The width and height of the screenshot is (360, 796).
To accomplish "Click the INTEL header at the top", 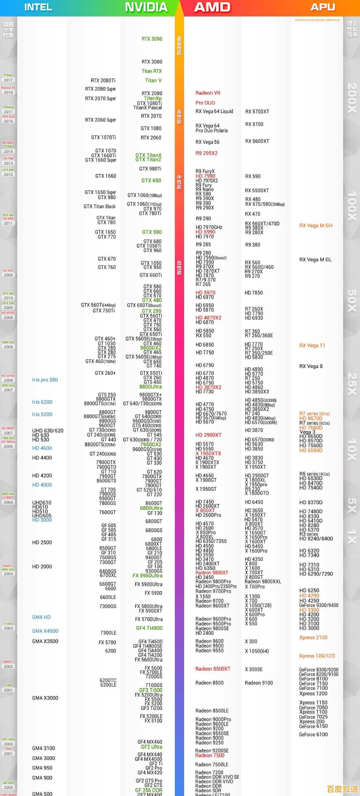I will tap(38, 7).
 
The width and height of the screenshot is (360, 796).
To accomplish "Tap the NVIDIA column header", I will tap(146, 7).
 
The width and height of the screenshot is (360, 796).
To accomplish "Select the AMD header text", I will tap(212, 7).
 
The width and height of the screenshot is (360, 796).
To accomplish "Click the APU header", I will tap(322, 7).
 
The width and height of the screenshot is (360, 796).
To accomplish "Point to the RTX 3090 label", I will tap(152, 39).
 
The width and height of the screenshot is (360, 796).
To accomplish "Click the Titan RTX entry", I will tap(152, 71).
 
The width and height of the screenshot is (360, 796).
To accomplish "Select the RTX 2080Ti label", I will tap(103, 81).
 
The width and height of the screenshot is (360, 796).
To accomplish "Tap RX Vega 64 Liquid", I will tap(214, 111).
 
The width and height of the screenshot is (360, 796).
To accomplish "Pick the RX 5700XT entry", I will tap(257, 112).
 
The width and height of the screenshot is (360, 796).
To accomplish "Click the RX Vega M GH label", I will tap(316, 226).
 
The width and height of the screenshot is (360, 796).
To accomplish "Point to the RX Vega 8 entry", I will tap(311, 366).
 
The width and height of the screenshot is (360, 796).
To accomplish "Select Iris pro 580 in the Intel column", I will tap(45, 380).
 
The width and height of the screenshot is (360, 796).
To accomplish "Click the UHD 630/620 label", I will tap(48, 431).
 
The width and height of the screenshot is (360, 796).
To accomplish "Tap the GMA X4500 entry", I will tap(45, 631).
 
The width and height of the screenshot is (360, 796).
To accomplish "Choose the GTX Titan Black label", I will tap(100, 207).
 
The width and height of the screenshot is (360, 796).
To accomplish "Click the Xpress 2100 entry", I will tap(313, 637).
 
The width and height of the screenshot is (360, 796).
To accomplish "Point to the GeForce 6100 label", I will tap(313, 735).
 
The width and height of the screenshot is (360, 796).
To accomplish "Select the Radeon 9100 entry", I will tap(259, 683).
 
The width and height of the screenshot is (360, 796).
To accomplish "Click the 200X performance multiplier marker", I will tap(352, 98).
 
